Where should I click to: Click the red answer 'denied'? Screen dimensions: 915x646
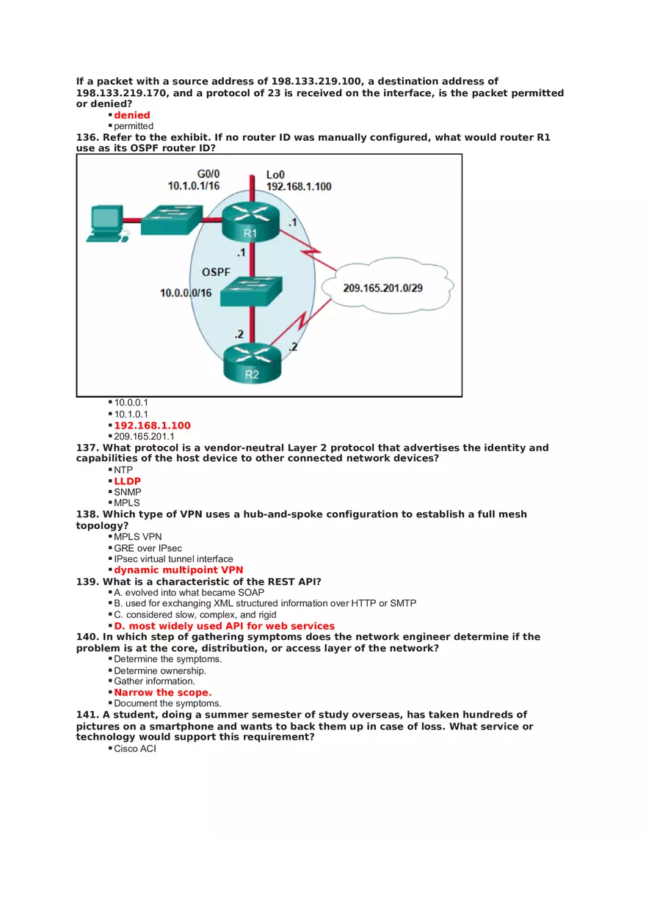(x=132, y=115)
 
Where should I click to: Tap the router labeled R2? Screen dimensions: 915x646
(x=251, y=363)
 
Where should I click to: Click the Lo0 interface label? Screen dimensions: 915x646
(x=276, y=175)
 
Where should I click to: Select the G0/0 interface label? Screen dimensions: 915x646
(x=208, y=174)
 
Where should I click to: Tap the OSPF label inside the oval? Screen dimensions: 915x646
(x=216, y=272)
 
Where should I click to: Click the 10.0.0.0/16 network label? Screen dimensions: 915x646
(x=186, y=293)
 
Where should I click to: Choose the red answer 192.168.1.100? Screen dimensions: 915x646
(x=152, y=426)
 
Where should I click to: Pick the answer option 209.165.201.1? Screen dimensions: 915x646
(x=144, y=437)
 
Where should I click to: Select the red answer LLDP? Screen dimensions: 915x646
(x=127, y=481)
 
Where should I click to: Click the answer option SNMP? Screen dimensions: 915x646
(x=128, y=492)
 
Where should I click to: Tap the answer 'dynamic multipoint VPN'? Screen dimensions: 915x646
(x=178, y=570)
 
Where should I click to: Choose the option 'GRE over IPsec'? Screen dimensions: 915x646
(x=148, y=548)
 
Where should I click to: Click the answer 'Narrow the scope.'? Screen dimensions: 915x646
(x=162, y=693)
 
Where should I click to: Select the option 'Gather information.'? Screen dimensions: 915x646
(x=154, y=682)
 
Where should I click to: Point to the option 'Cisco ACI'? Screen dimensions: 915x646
(x=135, y=748)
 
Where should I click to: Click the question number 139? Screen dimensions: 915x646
(x=87, y=582)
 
